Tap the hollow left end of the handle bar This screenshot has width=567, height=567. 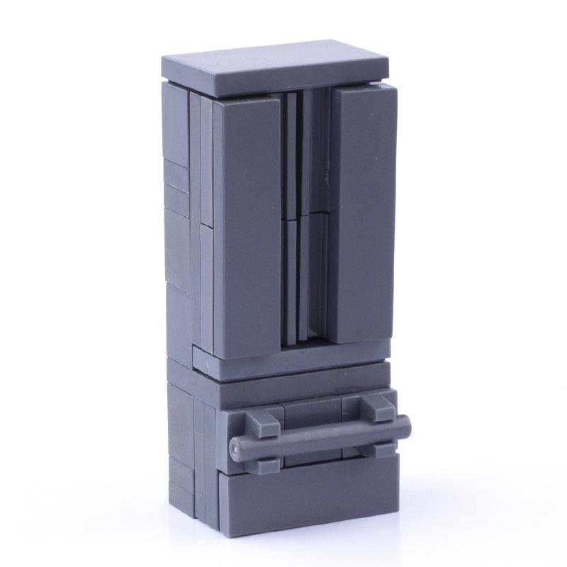click(x=236, y=447)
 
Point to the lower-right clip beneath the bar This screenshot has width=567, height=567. click(x=383, y=448)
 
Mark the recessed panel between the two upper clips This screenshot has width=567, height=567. click(x=312, y=411)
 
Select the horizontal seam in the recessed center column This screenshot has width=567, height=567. click(x=305, y=215)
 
